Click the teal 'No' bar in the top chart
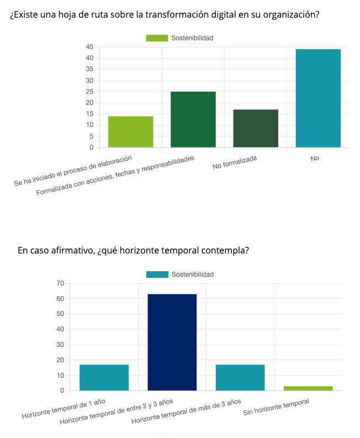point(318,98)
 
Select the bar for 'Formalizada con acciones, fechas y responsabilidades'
point(193,119)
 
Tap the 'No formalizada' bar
point(256,128)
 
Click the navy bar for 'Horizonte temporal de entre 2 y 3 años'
point(172,342)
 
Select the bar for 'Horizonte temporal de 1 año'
point(104,377)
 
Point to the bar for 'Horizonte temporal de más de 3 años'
point(240,377)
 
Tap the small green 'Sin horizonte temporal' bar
point(308,388)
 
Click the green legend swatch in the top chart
point(157,38)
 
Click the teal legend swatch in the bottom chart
point(157,275)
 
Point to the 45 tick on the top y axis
point(89,47)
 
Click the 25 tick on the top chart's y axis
point(89,92)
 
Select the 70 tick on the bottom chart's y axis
point(60,283)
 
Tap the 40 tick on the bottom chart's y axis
point(60,329)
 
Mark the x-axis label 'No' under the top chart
point(315,159)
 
